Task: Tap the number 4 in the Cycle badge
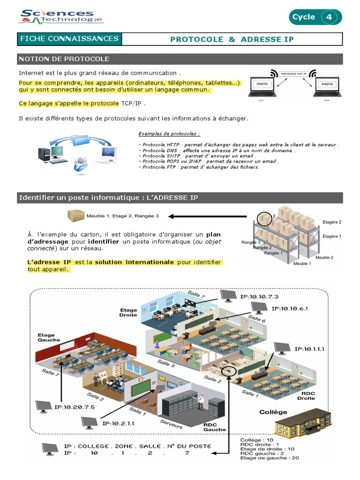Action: pos(329,17)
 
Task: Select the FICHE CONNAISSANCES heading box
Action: pos(69,39)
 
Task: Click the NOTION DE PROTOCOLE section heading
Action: pos(64,59)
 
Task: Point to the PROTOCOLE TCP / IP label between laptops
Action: pos(294,74)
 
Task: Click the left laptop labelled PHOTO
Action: pos(262,86)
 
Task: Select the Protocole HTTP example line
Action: pos(239,145)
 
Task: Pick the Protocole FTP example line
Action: pos(199,167)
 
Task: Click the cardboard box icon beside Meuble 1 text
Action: pos(75,216)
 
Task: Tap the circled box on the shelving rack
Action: pos(266,218)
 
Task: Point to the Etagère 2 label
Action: pos(332,222)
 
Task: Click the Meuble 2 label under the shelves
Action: pos(324,257)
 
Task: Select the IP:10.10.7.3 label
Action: pos(259,297)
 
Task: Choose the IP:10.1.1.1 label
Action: pos(309,349)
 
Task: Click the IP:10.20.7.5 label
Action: pos(75,407)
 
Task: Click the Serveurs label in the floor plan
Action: pos(171,423)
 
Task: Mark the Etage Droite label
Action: pos(128,312)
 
